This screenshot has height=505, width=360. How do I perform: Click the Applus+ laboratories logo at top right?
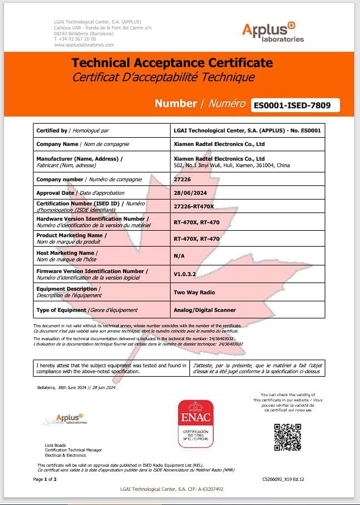point(273,32)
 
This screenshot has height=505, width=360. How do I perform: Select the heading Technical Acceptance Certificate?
point(172,63)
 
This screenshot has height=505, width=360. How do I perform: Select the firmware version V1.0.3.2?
point(185,274)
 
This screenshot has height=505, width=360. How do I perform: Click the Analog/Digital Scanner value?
point(205,310)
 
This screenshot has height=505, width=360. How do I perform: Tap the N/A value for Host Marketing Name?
point(179,256)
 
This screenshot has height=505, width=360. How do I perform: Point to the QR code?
point(288,437)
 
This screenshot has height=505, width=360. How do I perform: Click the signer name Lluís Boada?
point(55,445)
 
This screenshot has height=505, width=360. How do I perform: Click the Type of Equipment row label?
point(87,310)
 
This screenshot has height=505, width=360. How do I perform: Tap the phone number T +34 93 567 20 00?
point(75,39)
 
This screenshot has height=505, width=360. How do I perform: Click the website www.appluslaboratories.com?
point(84,44)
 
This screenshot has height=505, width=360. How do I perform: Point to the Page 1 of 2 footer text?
point(45,479)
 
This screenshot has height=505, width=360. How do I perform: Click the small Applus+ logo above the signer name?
point(65,420)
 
